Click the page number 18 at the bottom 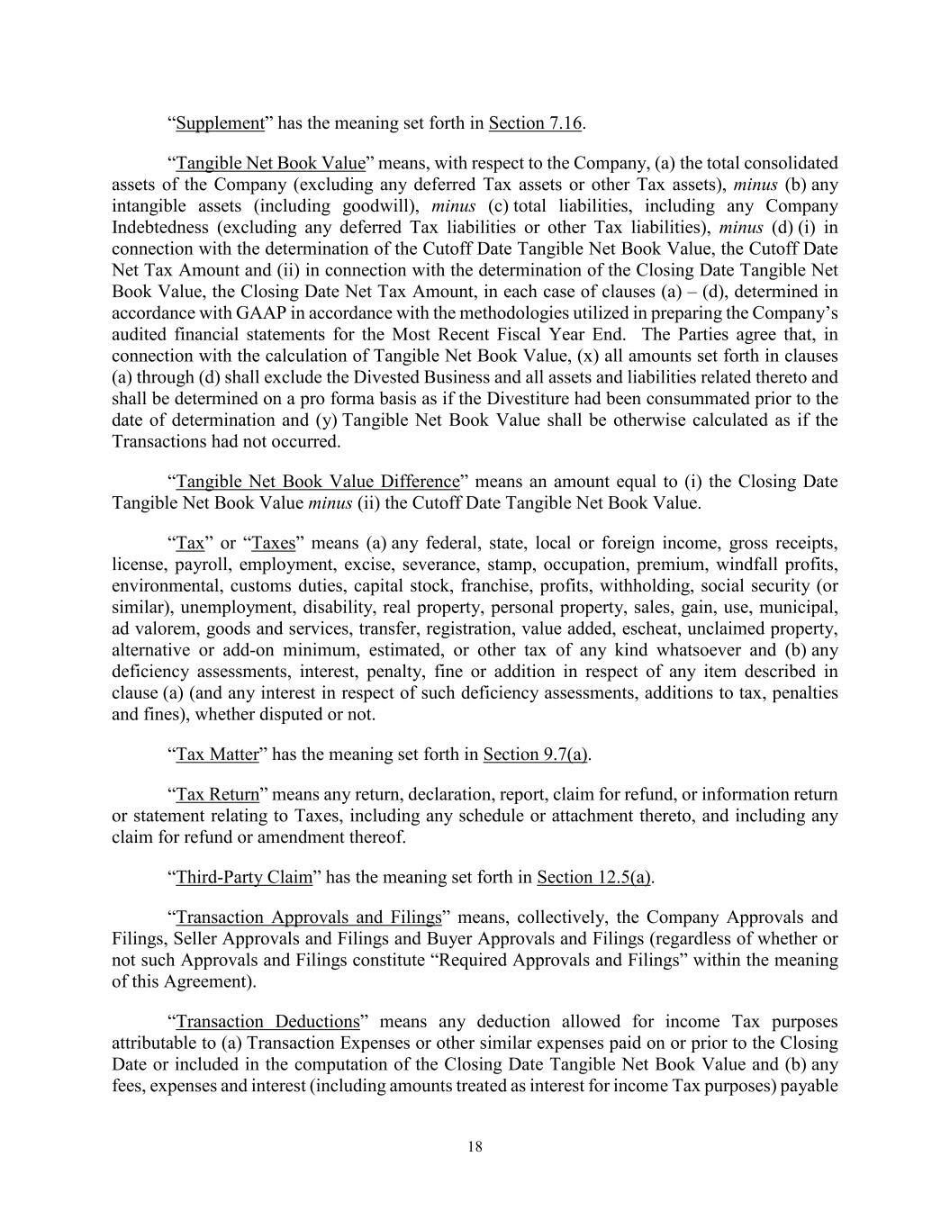point(475,1146)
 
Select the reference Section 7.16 point(536,123)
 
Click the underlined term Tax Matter point(217,755)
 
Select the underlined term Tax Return point(217,794)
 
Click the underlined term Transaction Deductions point(267,1022)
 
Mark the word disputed point(276,714)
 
